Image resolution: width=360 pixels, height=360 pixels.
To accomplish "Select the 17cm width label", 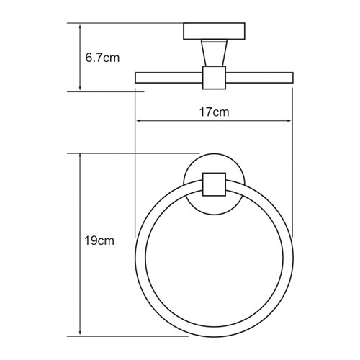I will (x=215, y=113).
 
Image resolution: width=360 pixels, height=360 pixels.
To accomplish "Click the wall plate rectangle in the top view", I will (x=215, y=32).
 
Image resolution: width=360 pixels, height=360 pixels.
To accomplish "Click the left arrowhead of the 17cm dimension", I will (x=138, y=120).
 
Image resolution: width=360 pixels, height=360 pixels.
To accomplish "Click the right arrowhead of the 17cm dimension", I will (x=291, y=120).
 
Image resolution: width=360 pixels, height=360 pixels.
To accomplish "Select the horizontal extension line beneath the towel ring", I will (x=144, y=336).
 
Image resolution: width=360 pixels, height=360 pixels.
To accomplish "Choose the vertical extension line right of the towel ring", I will (x=294, y=180).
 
